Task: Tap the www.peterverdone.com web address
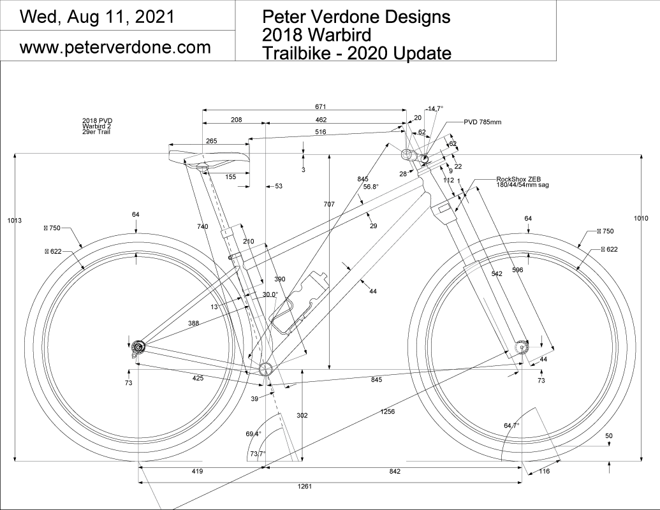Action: pyautogui.click(x=115, y=47)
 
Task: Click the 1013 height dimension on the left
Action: pyautogui.click(x=15, y=220)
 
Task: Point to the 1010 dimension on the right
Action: pyautogui.click(x=641, y=219)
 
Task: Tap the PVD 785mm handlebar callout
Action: pyautogui.click(x=482, y=121)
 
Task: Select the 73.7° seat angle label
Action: pyautogui.click(x=257, y=454)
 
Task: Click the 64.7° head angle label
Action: pyautogui.click(x=511, y=425)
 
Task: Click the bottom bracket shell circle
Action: pyautogui.click(x=266, y=368)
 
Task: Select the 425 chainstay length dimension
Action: pyautogui.click(x=198, y=379)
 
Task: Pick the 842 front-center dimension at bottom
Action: pyautogui.click(x=393, y=471)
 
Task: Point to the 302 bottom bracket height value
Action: pyautogui.click(x=302, y=416)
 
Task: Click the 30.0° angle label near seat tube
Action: pyautogui.click(x=270, y=295)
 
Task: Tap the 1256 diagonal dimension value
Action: pyautogui.click(x=387, y=411)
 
